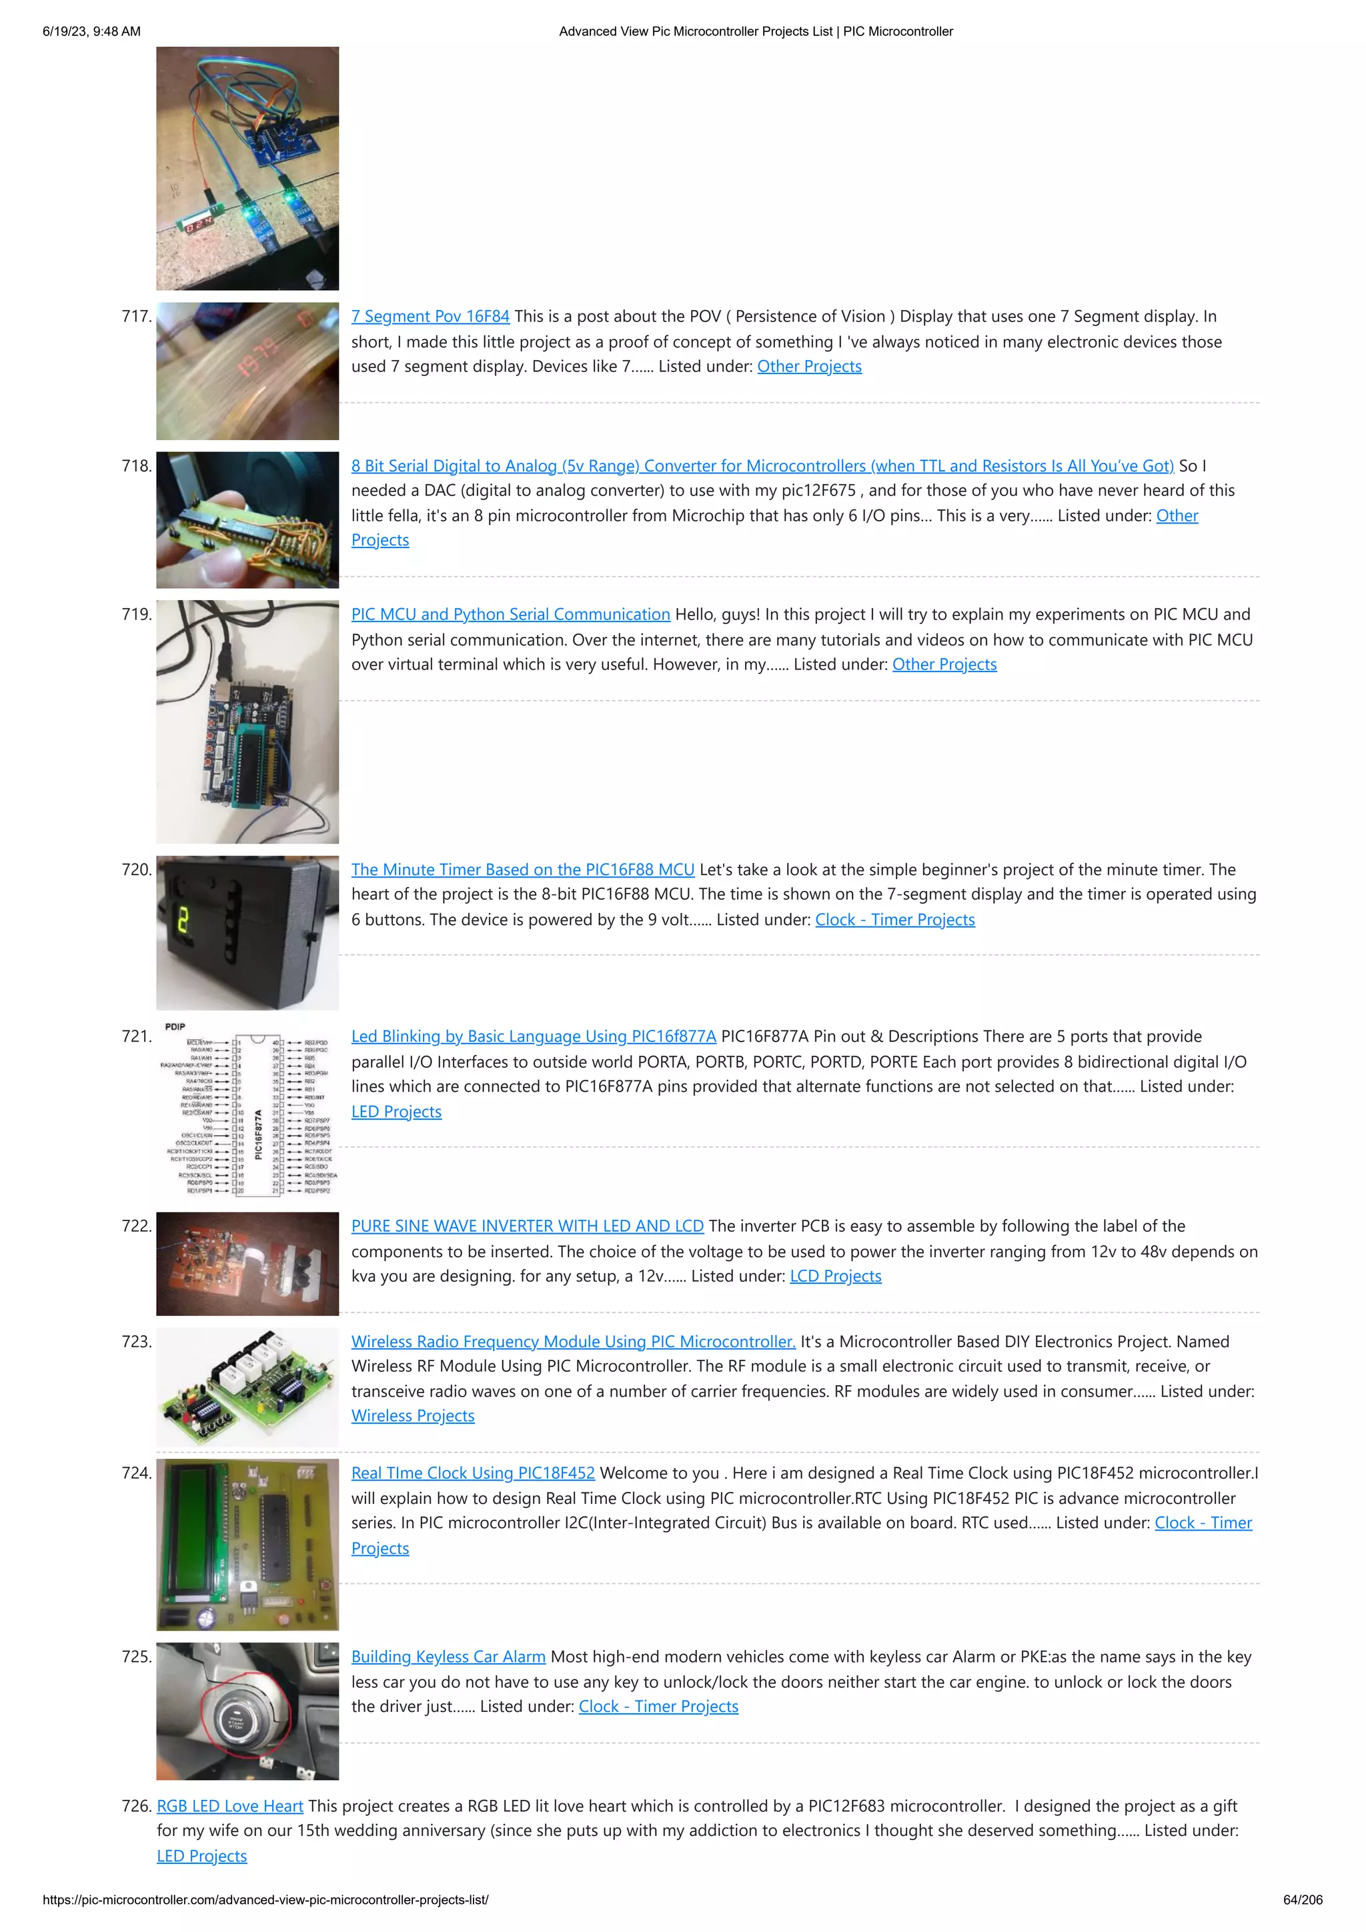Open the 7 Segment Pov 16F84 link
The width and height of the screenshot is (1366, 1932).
pyautogui.click(x=430, y=316)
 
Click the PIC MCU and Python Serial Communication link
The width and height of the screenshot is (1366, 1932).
pyautogui.click(x=510, y=614)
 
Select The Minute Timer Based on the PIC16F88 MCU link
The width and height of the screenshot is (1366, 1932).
pyautogui.click(x=523, y=869)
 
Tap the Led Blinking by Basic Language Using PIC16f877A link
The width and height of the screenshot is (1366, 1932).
pyautogui.click(x=534, y=1036)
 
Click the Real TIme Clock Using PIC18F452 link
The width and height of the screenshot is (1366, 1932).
pyautogui.click(x=472, y=1473)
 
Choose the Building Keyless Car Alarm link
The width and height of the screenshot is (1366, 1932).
pyautogui.click(x=448, y=1656)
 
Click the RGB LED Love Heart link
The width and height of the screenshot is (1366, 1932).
pyautogui.click(x=229, y=1806)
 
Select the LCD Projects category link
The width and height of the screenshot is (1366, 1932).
pyautogui.click(x=835, y=1276)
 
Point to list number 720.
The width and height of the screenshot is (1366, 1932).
pyautogui.click(x=136, y=869)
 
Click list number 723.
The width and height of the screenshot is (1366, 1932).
pyautogui.click(x=136, y=1341)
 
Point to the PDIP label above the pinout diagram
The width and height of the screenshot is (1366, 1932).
pyautogui.click(x=175, y=1026)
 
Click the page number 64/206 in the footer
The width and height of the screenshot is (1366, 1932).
pyautogui.click(x=1302, y=1899)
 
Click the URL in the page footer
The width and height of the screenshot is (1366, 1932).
pyautogui.click(x=265, y=1899)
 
